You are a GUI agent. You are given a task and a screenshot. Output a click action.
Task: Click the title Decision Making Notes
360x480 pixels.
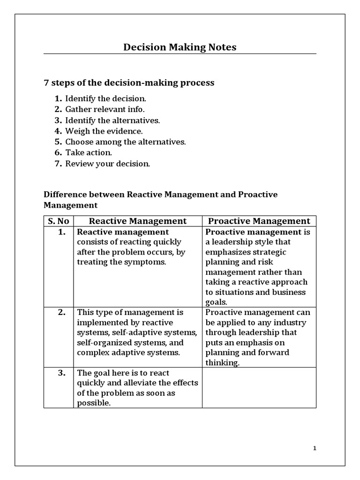180,47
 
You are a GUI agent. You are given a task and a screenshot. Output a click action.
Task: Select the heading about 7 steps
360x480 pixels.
129,82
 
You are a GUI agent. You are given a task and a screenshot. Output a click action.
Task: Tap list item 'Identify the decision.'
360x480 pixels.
106,98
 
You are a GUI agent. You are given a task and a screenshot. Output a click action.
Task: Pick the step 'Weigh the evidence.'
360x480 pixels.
104,131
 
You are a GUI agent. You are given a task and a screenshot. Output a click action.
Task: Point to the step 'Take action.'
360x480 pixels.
89,152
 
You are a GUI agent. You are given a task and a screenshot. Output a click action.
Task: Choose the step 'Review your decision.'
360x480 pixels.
108,164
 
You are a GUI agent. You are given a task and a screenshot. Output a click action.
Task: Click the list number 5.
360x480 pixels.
58,142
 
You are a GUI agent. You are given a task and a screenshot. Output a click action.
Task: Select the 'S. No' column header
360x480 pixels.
58,221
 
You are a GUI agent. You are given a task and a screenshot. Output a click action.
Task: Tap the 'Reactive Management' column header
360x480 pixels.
138,221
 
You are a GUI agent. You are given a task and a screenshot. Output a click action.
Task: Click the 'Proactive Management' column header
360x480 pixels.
259,221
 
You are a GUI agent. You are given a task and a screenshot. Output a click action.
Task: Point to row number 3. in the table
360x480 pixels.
61,373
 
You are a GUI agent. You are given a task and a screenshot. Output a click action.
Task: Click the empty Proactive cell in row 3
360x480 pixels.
259,387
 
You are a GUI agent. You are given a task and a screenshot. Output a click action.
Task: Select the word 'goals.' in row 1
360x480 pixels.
216,302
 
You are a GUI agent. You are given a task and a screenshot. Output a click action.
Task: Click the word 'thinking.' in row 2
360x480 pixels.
222,363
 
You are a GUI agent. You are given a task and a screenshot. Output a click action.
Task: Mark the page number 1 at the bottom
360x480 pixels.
315,449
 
